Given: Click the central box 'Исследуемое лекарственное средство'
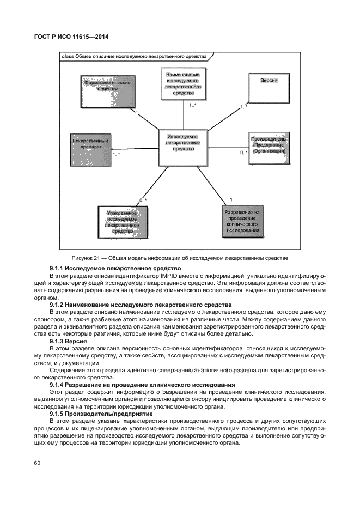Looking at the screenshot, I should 182,147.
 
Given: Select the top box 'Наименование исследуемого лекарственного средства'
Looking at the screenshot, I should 183,84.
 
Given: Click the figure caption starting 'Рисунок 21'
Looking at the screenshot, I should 179,258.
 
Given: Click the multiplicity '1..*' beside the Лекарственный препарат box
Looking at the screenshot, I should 116,154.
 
